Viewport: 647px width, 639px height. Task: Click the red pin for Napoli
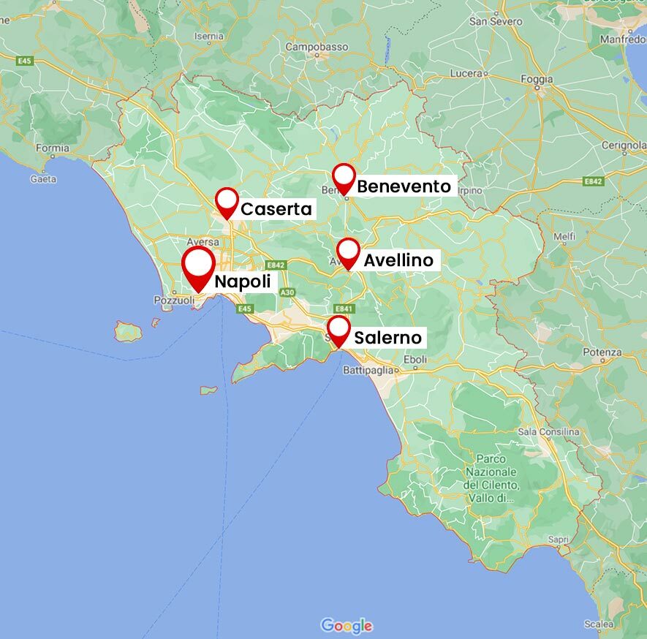tap(198, 266)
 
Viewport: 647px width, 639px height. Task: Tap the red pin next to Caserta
tap(227, 201)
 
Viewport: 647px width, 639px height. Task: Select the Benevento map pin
tap(344, 178)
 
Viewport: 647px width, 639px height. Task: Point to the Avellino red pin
tap(349, 252)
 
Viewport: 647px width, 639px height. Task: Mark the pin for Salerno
tap(338, 330)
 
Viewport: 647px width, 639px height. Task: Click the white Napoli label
tap(242, 282)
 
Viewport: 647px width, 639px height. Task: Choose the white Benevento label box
tap(404, 186)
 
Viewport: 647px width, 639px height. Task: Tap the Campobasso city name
tap(317, 47)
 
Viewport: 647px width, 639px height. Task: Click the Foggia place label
tap(537, 79)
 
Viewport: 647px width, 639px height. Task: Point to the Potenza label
tap(602, 352)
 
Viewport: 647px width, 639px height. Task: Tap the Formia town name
tap(53, 148)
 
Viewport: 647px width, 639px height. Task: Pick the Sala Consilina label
tap(548, 432)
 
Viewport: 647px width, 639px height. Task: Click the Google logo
tap(347, 626)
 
